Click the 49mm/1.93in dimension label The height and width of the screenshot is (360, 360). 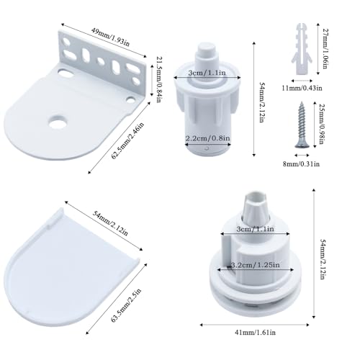(111, 37)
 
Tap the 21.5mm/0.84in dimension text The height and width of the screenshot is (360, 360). (158, 79)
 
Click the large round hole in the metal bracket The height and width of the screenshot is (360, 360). (58, 121)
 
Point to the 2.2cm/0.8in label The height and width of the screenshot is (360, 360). (207, 138)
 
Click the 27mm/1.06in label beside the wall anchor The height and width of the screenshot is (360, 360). (325, 49)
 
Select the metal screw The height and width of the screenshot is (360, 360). (302, 125)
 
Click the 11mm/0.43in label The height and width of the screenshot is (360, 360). (302, 88)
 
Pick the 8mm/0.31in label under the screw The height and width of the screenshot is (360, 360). (301, 164)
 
